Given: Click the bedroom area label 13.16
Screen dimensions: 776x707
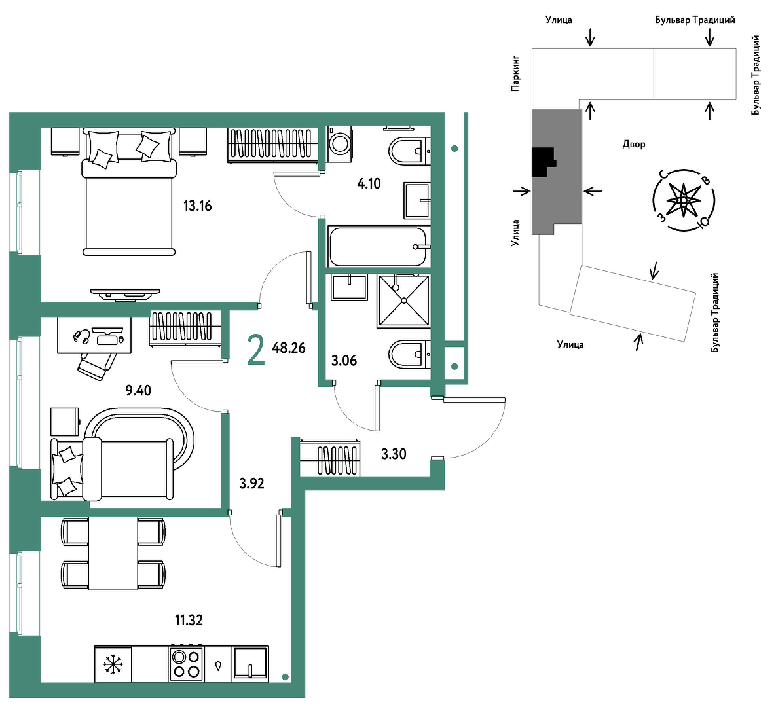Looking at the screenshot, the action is [x=198, y=206].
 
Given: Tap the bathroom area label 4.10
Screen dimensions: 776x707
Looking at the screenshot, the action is [x=369, y=183].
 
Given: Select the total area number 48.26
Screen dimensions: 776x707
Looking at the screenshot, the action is [x=289, y=348].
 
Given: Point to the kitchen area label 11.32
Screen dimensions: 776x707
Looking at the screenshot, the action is [x=189, y=620].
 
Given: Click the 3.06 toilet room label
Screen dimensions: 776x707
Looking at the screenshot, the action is [x=344, y=361].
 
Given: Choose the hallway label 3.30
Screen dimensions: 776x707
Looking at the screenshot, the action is [x=394, y=454].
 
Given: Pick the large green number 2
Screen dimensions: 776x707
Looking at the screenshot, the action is [x=256, y=350].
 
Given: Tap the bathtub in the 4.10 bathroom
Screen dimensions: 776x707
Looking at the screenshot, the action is [x=379, y=246].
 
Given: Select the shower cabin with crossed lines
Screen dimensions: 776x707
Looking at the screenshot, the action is [x=403, y=301].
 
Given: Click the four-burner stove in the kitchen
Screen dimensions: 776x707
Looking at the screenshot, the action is [x=185, y=663].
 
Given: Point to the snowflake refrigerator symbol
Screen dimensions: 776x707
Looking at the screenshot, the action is [x=113, y=664].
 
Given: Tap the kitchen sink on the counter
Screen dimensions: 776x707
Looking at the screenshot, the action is [x=250, y=663].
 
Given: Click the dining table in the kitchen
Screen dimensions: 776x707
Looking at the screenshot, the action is [x=113, y=553].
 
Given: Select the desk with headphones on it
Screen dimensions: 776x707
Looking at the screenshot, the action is [x=94, y=335].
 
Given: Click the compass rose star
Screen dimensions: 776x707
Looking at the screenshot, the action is [x=684, y=200].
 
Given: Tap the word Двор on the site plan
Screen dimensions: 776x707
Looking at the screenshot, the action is [x=634, y=145].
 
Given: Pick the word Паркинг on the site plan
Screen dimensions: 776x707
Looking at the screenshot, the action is [x=515, y=74].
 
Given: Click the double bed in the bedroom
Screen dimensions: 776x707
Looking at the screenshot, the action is [x=129, y=191].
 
